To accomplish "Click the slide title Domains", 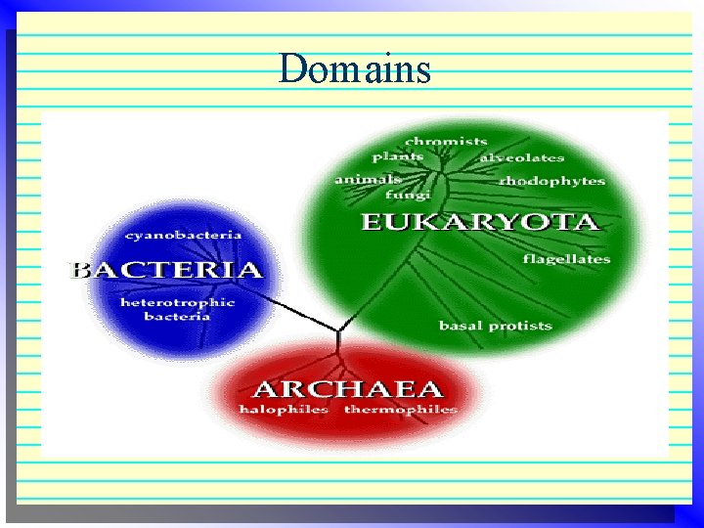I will click(354, 69).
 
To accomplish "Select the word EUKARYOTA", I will click(479, 222).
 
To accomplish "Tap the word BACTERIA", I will click(168, 270).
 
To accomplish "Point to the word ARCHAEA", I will click(347, 388).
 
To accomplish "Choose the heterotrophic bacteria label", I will click(177, 309).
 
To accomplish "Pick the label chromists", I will click(446, 141).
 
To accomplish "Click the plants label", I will click(398, 156).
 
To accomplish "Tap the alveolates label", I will click(521, 157).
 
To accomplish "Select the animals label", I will click(368, 179).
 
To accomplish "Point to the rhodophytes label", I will click(551, 181).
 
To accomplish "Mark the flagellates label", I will click(566, 259).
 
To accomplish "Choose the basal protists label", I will click(495, 326).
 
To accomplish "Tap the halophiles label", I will click(284, 410).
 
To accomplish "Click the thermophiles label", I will click(400, 410).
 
